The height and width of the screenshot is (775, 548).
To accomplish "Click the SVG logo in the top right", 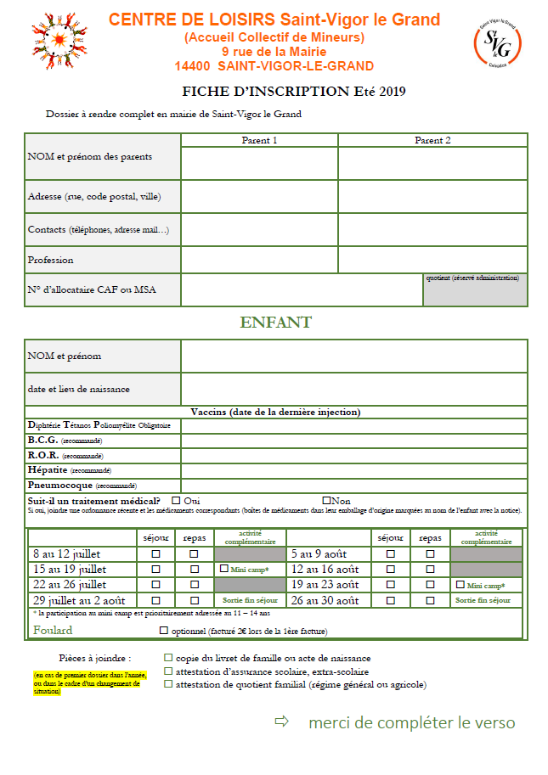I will [496, 42].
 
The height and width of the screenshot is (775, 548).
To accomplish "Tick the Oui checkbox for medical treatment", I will [176, 501].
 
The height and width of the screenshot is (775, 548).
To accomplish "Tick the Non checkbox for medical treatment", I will [325, 501].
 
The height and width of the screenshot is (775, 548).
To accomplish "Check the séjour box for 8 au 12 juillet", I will [155, 553].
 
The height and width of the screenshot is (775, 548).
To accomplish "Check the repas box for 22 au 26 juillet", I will [194, 584].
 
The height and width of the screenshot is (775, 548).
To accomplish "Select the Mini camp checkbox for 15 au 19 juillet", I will [224, 569].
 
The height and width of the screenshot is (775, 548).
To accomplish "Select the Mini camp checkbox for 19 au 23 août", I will [460, 584].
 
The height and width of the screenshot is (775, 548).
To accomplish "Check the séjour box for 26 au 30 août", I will [391, 600].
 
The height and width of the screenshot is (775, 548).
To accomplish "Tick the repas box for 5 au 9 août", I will [430, 553].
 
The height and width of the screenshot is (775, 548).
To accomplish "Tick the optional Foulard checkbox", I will [164, 631].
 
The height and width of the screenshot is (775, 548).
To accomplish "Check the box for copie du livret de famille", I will [168, 658].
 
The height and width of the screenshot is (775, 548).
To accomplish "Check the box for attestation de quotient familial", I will [168, 684].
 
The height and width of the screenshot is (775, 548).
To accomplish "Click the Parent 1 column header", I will [259, 140].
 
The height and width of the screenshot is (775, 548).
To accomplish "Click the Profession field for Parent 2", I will [432, 260].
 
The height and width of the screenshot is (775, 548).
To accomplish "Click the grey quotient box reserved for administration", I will [475, 290].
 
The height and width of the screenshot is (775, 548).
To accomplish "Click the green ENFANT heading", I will [275, 323].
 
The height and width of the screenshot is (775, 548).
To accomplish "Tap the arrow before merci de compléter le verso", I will [282, 722].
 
